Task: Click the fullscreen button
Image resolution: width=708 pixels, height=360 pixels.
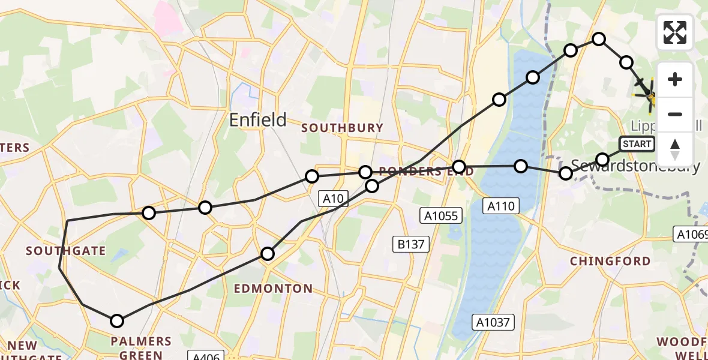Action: pyautogui.click(x=675, y=32)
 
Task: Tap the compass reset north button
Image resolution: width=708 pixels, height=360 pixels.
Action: pyautogui.click(x=675, y=149)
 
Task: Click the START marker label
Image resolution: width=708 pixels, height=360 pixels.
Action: pyautogui.click(x=637, y=144)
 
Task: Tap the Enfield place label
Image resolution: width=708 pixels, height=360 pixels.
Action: pyautogui.click(x=258, y=119)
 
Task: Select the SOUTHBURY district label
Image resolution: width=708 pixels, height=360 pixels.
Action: pyautogui.click(x=342, y=128)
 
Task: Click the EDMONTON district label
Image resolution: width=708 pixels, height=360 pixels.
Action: pyautogui.click(x=273, y=289)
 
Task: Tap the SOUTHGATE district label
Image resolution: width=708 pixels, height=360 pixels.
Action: pyautogui.click(x=65, y=251)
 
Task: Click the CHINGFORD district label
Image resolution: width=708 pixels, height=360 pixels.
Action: pyautogui.click(x=610, y=261)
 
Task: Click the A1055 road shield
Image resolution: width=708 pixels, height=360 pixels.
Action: pyautogui.click(x=440, y=215)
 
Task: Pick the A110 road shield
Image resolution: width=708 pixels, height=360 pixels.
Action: pyautogui.click(x=500, y=206)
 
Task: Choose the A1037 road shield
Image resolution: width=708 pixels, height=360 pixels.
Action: pyautogui.click(x=494, y=322)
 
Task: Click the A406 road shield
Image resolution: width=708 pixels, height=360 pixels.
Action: pyautogui.click(x=206, y=356)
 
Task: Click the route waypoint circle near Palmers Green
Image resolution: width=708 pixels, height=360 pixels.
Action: pyautogui.click(x=117, y=321)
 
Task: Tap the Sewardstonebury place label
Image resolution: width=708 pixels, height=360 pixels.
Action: pyautogui.click(x=636, y=166)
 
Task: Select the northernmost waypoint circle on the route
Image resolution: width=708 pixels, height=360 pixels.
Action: pyautogui.click(x=599, y=39)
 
